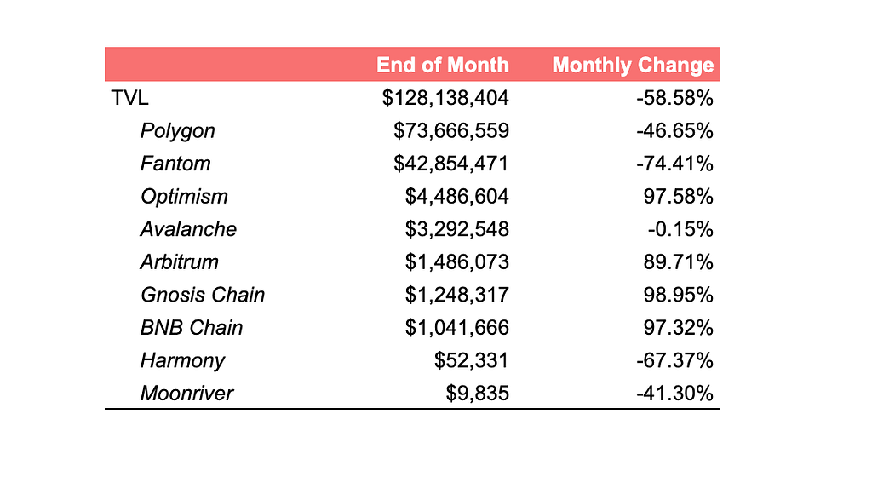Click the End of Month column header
[443, 65]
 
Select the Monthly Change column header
[633, 65]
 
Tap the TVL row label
[129, 98]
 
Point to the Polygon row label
[177, 130]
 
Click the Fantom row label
[175, 164]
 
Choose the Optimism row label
[184, 196]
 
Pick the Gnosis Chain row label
[203, 295]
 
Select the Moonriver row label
[186, 393]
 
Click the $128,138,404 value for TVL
[445, 98]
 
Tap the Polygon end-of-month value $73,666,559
[451, 130]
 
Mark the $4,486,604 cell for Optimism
[457, 196]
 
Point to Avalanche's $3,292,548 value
[457, 229]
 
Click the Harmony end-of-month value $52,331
[472, 360]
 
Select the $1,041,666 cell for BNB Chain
[457, 327]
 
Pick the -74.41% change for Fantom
[674, 164]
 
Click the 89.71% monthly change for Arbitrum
[679, 261]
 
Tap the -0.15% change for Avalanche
[680, 229]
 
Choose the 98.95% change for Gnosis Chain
[679, 295]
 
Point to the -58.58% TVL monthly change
[674, 98]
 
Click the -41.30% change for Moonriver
[674, 393]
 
